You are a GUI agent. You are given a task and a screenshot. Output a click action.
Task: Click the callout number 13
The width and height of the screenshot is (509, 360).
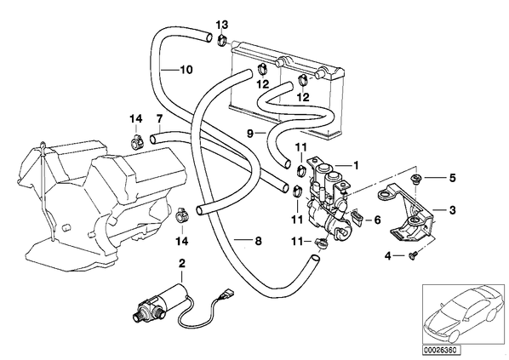[x=222, y=25]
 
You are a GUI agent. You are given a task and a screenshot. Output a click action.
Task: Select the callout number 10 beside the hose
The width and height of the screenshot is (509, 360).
[x=186, y=70]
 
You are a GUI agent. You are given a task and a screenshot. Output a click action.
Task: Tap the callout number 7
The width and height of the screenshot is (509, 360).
[x=159, y=119]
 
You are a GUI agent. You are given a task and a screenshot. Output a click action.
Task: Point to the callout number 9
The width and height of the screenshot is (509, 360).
[x=250, y=133]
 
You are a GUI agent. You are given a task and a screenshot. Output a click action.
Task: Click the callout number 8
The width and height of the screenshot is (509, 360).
[x=258, y=241]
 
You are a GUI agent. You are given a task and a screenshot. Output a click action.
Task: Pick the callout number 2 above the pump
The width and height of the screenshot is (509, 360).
[x=181, y=263]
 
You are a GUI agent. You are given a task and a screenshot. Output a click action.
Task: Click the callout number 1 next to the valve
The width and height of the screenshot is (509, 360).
[x=356, y=166]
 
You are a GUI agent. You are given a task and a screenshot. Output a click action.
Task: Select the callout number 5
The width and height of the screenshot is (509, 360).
[x=453, y=178]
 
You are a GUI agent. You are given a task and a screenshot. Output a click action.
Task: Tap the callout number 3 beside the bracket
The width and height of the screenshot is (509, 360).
[x=453, y=210]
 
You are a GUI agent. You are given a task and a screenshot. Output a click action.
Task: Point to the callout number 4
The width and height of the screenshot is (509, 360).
[x=388, y=256]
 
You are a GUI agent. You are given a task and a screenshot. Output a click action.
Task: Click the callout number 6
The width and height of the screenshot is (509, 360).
[x=377, y=220]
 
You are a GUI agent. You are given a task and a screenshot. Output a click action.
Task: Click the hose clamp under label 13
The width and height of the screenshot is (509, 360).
[x=221, y=41]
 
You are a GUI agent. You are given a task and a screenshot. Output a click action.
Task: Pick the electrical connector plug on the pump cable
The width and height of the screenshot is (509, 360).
[x=223, y=293]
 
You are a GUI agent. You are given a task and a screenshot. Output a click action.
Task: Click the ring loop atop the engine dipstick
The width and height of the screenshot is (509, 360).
[x=42, y=145]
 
